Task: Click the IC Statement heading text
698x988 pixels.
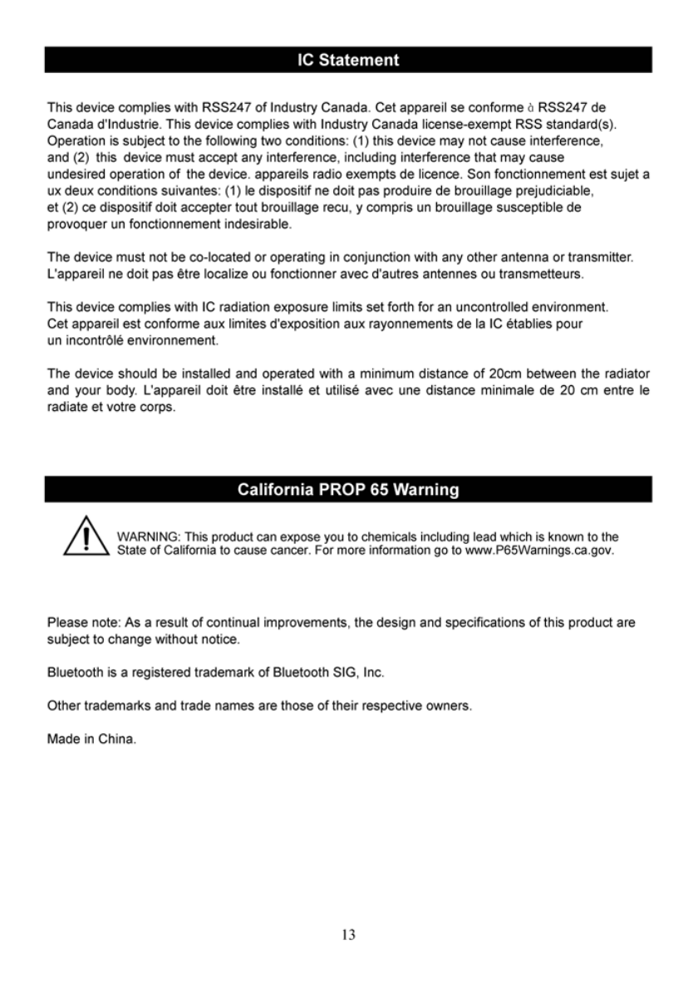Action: point(348,61)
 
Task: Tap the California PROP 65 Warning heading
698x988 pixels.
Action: point(348,490)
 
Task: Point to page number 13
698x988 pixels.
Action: point(348,935)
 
